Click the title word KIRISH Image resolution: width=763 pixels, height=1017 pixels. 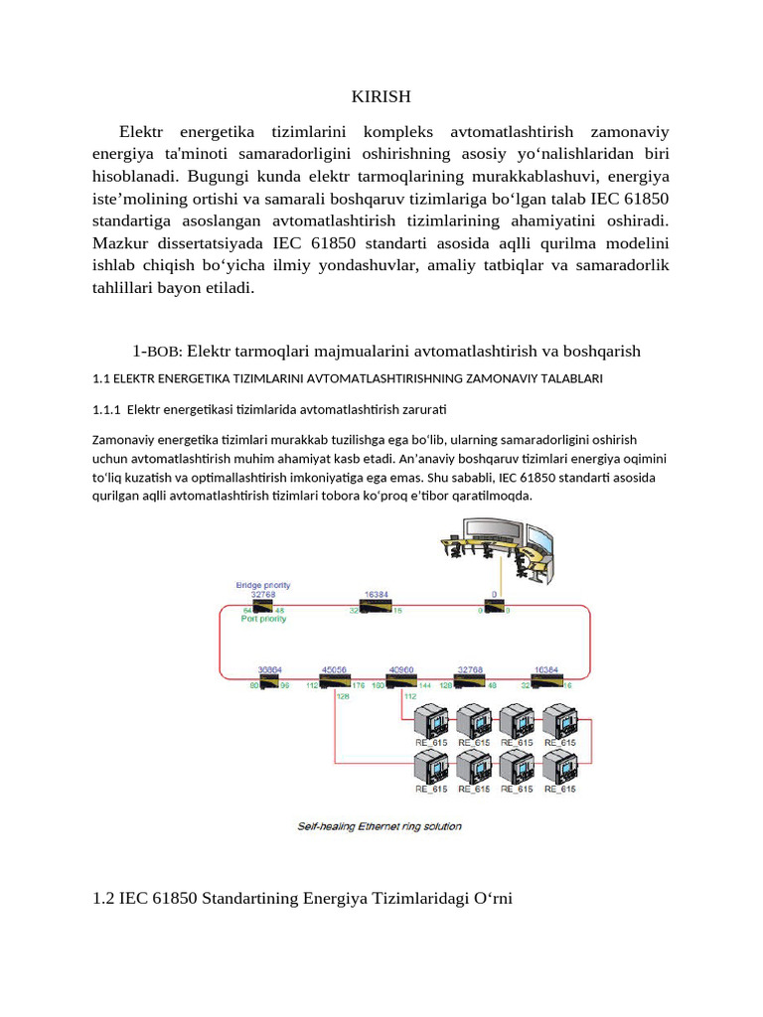[381, 96]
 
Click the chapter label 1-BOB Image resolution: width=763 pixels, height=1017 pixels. [153, 351]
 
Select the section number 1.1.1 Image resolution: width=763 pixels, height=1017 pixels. [105, 408]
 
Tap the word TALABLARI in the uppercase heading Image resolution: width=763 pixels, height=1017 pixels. [567, 378]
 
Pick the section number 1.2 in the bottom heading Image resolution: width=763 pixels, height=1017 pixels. [103, 898]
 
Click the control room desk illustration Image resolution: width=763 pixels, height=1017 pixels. [498, 557]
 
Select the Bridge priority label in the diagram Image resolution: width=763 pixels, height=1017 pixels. [263, 585]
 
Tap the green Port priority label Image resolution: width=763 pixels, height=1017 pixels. [263, 618]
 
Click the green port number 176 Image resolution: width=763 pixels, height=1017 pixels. [358, 684]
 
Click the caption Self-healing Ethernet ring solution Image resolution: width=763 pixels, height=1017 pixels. [380, 826]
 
